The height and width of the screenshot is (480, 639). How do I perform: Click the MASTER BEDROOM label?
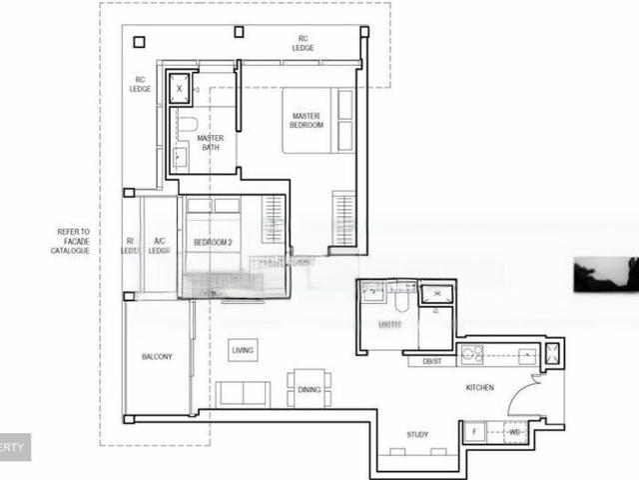click(307, 120)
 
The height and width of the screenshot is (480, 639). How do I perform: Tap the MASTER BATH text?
click(210, 143)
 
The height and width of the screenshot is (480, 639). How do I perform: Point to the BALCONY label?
click(156, 356)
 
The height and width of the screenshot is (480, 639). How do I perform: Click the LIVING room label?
click(242, 350)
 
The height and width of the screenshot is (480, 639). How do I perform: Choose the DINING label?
click(309, 390)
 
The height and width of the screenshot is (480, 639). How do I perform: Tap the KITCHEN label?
click(479, 387)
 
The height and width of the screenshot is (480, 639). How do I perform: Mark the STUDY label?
click(417, 434)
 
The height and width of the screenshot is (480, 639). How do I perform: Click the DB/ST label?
click(431, 361)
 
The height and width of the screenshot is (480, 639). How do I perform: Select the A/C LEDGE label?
click(159, 245)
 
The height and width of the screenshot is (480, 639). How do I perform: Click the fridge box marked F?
click(474, 432)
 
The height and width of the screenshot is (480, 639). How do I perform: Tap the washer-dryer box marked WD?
click(514, 432)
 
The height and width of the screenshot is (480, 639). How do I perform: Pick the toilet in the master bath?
click(186, 125)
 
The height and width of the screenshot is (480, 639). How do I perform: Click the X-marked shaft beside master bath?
click(180, 88)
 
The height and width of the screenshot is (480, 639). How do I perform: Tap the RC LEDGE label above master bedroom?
click(303, 43)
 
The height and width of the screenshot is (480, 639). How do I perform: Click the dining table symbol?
click(309, 389)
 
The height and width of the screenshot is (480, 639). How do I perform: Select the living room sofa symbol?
click(243, 393)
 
